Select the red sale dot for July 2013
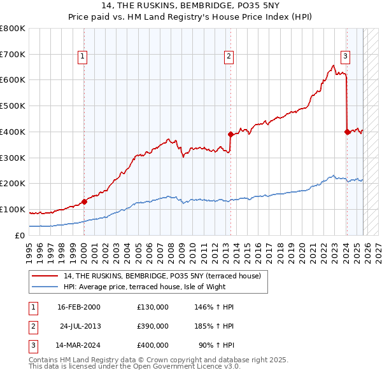click(x=230, y=134)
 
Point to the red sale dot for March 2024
click(x=347, y=132)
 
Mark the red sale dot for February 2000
click(x=84, y=201)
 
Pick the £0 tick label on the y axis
click(x=20, y=235)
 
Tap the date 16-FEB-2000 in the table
click(x=78, y=307)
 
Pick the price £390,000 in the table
click(x=153, y=326)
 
